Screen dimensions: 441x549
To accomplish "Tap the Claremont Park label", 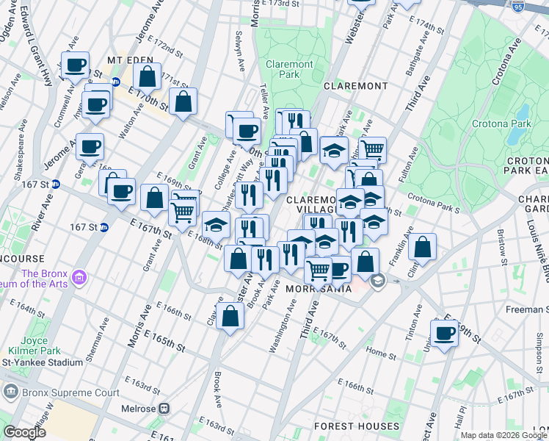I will pyautogui.click(x=289, y=69).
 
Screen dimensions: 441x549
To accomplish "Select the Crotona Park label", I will pyautogui.click(x=501, y=123).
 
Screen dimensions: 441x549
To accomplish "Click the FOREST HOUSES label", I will pyautogui.click(x=357, y=426).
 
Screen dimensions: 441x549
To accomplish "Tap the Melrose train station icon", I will pyautogui.click(x=165, y=409).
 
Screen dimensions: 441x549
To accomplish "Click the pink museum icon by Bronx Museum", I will pyautogui.click(x=79, y=278).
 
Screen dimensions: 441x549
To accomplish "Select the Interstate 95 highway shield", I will pyautogui.click(x=519, y=4).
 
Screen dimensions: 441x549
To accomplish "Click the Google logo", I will pyautogui.click(x=24, y=432).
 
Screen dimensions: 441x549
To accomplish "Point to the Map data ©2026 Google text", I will pyautogui.click(x=503, y=435).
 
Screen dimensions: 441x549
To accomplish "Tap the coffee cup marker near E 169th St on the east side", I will pyautogui.click(x=444, y=334).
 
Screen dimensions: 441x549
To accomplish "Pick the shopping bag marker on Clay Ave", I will pyautogui.click(x=230, y=316).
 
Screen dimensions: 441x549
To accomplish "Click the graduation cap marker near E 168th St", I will pyautogui.click(x=216, y=225).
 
